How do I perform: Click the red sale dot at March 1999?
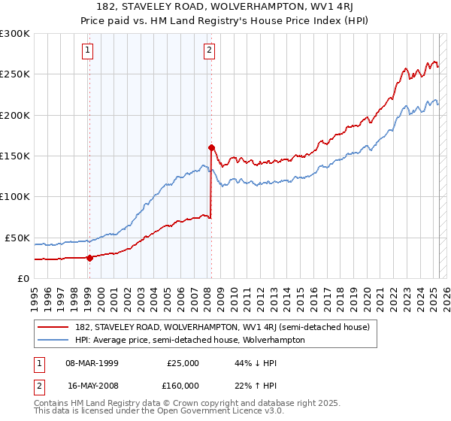point(89,258)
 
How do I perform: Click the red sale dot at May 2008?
point(211,147)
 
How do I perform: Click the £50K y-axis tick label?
point(17,238)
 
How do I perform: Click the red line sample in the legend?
point(53,327)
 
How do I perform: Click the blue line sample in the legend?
point(53,340)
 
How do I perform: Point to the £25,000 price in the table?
point(183,362)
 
